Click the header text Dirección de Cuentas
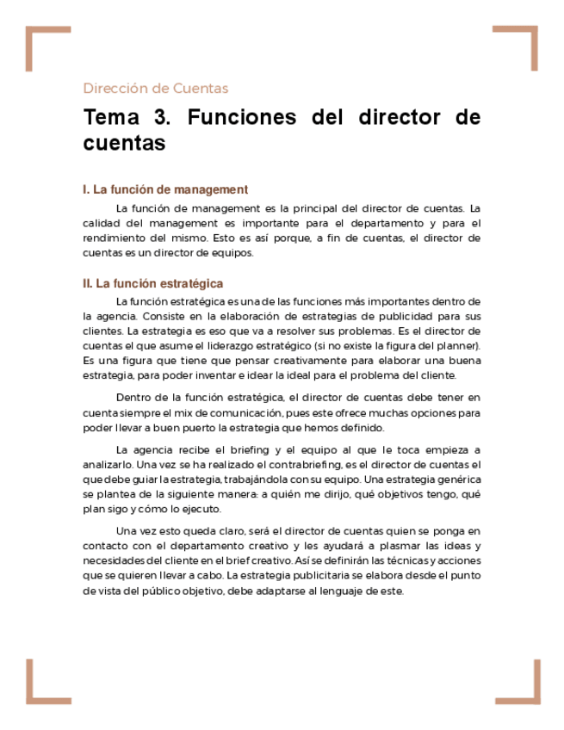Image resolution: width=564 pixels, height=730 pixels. click(x=156, y=88)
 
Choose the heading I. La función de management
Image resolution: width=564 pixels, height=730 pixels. click(x=165, y=189)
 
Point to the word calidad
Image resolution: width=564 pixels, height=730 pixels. click(x=100, y=223)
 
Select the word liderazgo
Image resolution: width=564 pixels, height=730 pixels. click(x=222, y=346)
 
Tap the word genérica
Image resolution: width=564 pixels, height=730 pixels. click(x=457, y=479)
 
